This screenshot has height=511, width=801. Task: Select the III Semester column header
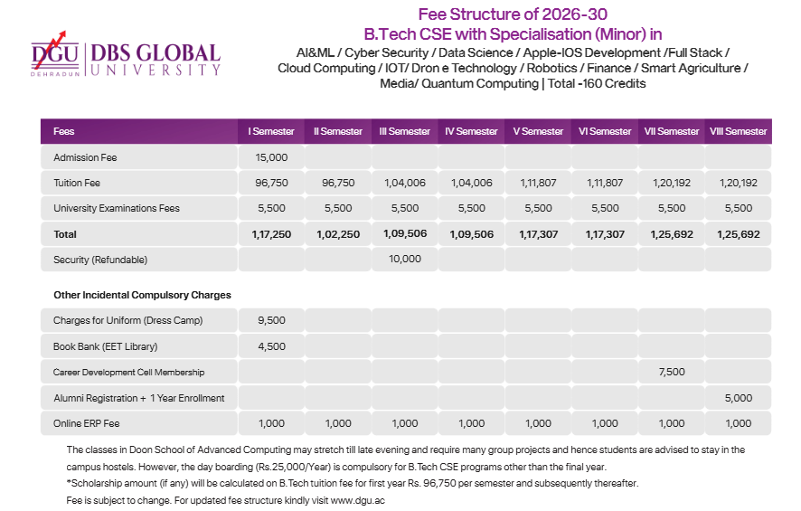tap(404, 131)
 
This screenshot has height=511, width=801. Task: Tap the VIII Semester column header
tap(738, 131)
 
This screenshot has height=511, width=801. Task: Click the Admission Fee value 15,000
tap(271, 157)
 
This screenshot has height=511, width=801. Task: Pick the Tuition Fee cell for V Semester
tap(538, 183)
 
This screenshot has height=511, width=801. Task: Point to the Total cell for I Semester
tap(271, 234)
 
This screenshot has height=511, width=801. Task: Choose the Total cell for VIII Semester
tap(738, 234)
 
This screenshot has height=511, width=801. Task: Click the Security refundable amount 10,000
tap(404, 260)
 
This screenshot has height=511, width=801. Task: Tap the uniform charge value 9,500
tap(271, 320)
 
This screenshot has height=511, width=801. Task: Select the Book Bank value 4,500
tap(271, 345)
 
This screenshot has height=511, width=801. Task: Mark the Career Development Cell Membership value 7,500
tap(671, 372)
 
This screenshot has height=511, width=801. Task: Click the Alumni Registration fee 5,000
tap(738, 397)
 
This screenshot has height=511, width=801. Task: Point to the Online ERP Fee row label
tap(87, 423)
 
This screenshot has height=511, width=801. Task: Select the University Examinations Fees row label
tap(117, 208)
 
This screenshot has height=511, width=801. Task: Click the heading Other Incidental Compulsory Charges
tap(142, 295)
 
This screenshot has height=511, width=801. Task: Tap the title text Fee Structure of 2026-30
tap(513, 14)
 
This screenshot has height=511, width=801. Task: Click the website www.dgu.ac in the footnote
tap(358, 500)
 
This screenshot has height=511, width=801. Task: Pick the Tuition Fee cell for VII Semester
tap(671, 183)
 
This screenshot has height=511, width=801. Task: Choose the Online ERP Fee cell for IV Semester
tap(471, 423)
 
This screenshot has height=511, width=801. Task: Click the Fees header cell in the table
tap(64, 131)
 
